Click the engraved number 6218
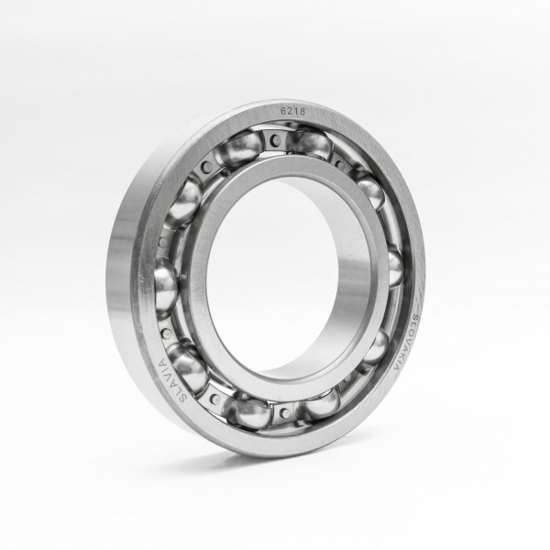[293, 111]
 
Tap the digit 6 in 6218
[282, 111]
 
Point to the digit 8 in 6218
[302, 112]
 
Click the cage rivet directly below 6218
[277, 140]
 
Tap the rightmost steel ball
[396, 268]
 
